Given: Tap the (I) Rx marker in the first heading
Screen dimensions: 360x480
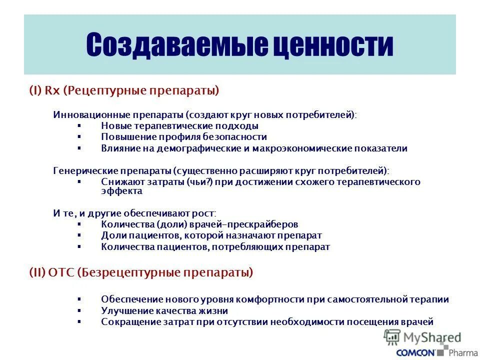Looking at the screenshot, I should (44, 90).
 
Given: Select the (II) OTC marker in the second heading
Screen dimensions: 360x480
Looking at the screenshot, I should (51, 272).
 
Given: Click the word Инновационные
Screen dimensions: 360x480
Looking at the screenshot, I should (84, 115).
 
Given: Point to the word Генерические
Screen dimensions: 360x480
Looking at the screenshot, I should (80, 170).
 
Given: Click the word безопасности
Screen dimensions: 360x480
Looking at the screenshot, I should (234, 136).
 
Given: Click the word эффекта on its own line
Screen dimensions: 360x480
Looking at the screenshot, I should (121, 191).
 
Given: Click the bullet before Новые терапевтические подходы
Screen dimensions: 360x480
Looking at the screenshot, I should (79, 126).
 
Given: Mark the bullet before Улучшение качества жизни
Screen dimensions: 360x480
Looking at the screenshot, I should (79, 310).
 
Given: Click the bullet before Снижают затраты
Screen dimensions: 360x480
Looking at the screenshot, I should (79, 182).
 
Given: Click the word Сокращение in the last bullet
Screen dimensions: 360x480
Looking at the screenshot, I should (126, 322).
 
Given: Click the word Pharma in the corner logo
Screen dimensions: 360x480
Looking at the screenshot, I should (463, 352).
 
